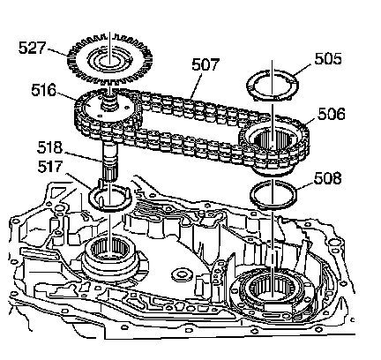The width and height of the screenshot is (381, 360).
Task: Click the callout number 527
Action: (33, 48)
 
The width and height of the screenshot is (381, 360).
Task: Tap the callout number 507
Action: (205, 64)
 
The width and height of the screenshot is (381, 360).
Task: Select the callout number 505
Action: (328, 58)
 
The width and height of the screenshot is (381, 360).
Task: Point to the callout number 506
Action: (331, 114)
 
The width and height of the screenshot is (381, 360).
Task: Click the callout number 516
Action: (44, 90)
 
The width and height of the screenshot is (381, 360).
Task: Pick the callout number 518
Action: (50, 147)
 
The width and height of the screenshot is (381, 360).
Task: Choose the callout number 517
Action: (50, 167)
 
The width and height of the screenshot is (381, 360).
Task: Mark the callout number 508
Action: (327, 178)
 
